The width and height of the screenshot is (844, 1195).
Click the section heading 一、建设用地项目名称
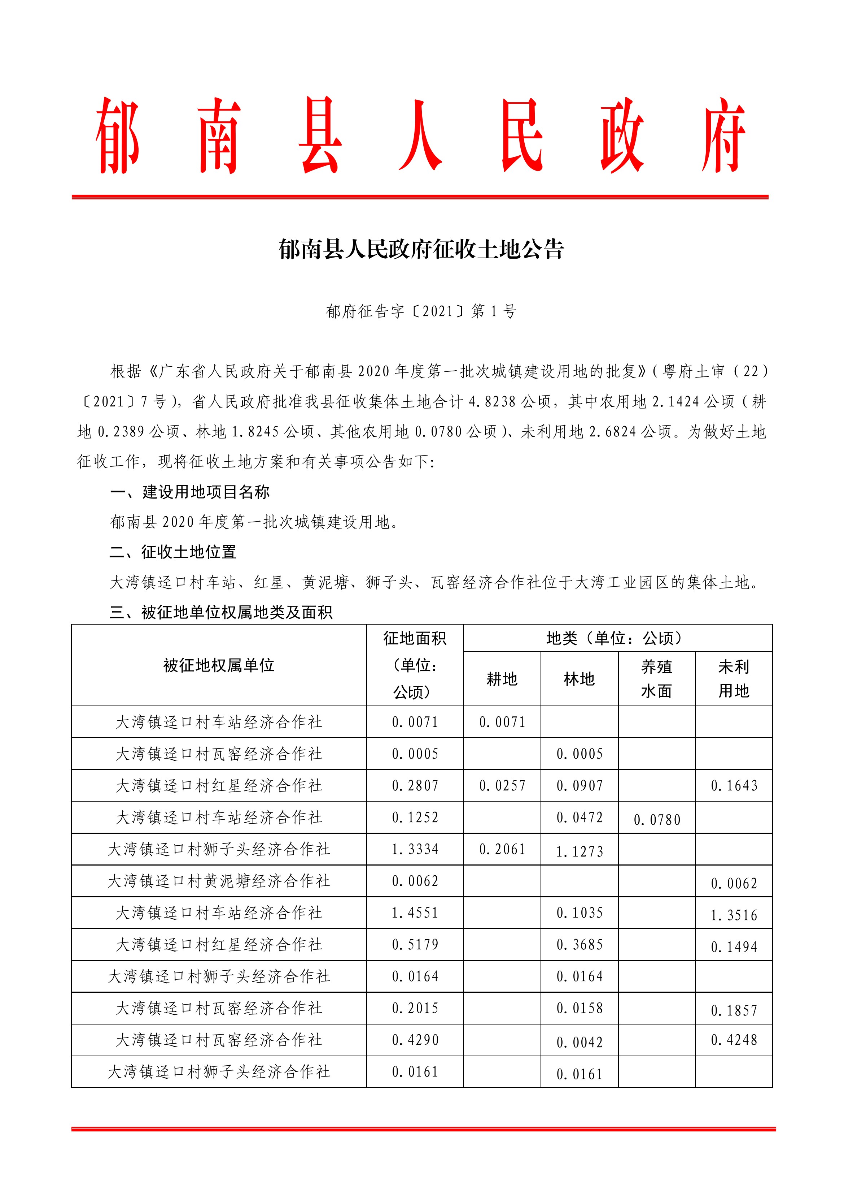pos(190,492)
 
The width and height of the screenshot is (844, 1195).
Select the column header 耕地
pos(502,679)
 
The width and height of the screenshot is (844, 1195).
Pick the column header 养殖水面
pos(656,679)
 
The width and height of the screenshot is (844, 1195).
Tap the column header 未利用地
pos(734,679)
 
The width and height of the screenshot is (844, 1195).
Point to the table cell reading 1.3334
pos(415,849)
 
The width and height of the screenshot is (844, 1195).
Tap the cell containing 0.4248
pos(734,1040)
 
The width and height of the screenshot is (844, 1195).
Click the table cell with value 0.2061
pos(502,849)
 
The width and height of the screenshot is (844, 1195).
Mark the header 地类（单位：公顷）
pos(617,638)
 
